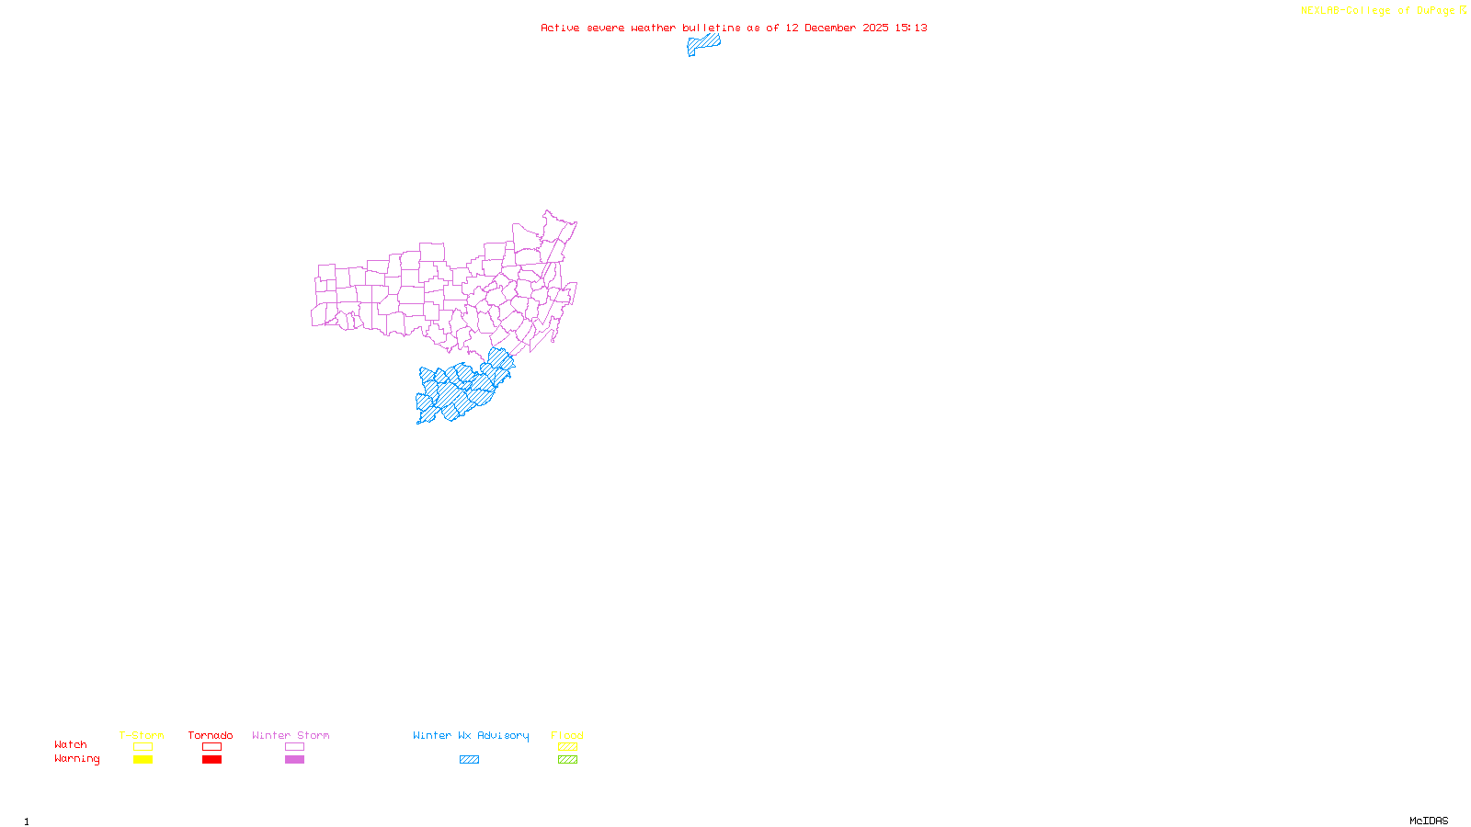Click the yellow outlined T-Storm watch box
pyautogui.click(x=143, y=747)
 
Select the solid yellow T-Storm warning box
pyautogui.click(x=143, y=760)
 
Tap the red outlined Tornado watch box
pyautogui.click(x=211, y=747)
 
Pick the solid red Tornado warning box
pyautogui.click(x=211, y=760)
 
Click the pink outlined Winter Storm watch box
pyautogui.click(x=294, y=747)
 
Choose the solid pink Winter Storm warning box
pyautogui.click(x=294, y=760)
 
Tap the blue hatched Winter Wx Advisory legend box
pyautogui.click(x=469, y=760)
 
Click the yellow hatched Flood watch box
pyautogui.click(x=567, y=747)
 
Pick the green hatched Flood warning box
pyautogui.click(x=567, y=760)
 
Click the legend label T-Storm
pyautogui.click(x=142, y=735)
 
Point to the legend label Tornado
pyautogui.click(x=211, y=735)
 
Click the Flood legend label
pyautogui.click(x=567, y=735)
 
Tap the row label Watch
pyautogui.click(x=71, y=745)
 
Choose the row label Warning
pyautogui.click(x=76, y=759)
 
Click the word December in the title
pyautogui.click(x=830, y=28)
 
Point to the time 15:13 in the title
pyautogui.click(x=911, y=28)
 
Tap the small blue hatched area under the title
pyautogui.click(x=703, y=44)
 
